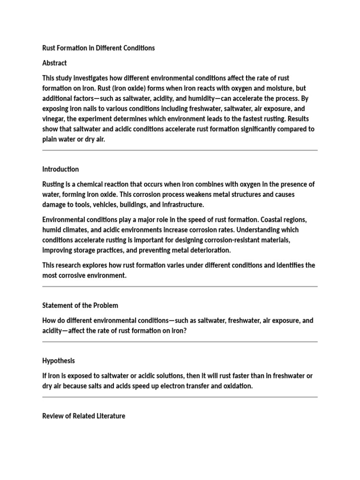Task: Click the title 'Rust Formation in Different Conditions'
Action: (x=98, y=48)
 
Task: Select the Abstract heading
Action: (x=54, y=63)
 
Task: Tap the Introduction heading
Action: (x=60, y=169)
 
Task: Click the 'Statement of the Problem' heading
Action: (x=80, y=305)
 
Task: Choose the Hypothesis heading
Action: (x=58, y=360)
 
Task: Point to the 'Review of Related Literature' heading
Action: (x=83, y=416)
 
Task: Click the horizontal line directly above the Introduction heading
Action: (x=180, y=150)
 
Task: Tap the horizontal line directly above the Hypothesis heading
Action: (x=180, y=342)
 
